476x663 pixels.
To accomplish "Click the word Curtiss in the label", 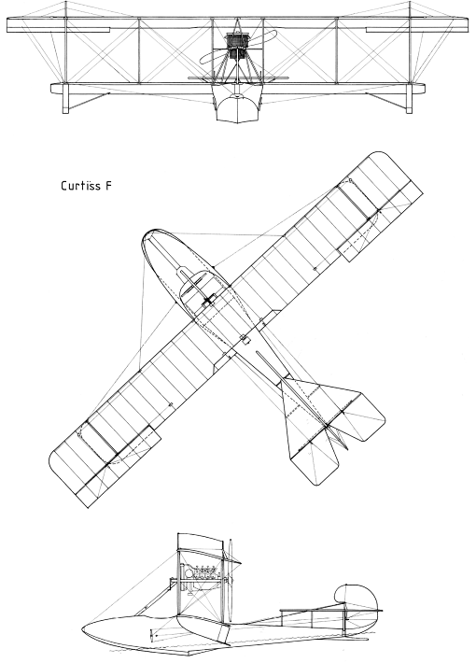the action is click(80, 186).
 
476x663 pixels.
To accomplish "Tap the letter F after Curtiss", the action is click(108, 186).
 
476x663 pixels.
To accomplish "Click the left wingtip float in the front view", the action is click(65, 99).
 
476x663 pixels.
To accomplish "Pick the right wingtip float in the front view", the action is click(409, 99).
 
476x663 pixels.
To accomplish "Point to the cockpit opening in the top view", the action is click(198, 291).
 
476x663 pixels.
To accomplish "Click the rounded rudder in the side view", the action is click(357, 597).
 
